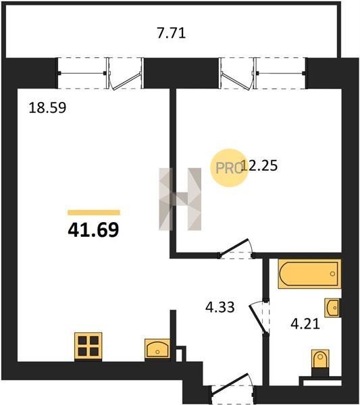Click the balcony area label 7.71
172,33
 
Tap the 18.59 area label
47,107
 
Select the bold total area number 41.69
93,230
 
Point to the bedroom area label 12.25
259,165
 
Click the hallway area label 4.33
220,307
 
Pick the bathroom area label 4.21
305,323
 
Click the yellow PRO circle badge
228,168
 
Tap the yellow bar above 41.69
94,213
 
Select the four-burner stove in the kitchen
88,346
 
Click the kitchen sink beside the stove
157,349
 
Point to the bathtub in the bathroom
309,274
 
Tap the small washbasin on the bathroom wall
332,308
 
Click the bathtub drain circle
332,274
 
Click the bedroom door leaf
233,247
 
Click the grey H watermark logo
180,199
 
